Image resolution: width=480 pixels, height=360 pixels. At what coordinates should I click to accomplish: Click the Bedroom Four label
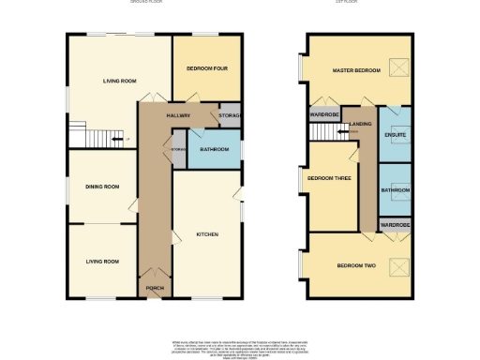[x=203, y=69]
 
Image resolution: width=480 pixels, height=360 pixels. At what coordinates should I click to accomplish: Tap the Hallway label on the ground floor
[x=178, y=115]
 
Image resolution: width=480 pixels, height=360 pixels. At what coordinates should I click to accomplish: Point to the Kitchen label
[x=207, y=233]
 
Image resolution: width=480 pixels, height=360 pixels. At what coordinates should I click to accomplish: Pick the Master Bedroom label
[x=355, y=71]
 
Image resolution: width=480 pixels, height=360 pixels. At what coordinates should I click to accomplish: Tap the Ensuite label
[x=396, y=136]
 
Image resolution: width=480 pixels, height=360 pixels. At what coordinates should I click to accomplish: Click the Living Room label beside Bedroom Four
[x=120, y=82]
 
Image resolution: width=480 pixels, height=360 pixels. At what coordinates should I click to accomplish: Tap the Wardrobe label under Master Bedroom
[x=323, y=115]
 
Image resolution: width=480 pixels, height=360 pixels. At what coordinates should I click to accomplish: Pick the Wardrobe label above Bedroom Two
[x=396, y=226]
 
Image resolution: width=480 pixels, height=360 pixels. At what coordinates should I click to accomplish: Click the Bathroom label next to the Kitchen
[x=215, y=149]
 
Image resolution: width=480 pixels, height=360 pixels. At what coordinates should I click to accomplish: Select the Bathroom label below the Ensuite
[x=396, y=190]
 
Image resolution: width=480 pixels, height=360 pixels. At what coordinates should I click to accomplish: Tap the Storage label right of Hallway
[x=230, y=115]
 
